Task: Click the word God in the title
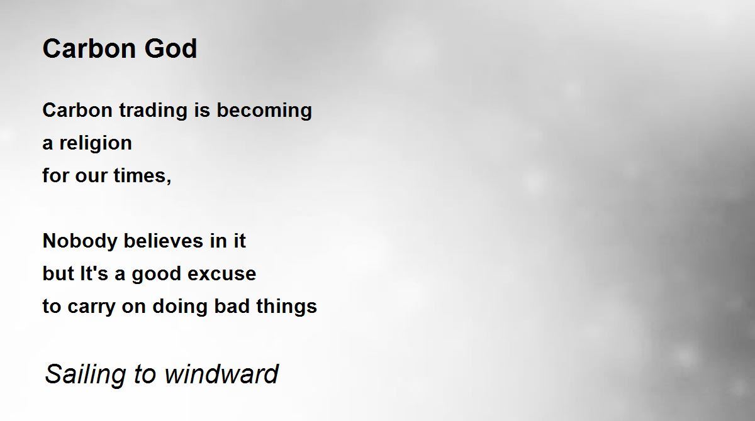point(171,48)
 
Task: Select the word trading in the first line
point(154,111)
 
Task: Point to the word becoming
point(264,111)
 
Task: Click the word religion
point(96,144)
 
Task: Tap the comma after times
point(169,182)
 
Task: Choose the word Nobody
point(80,241)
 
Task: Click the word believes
point(164,241)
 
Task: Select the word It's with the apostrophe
point(94,273)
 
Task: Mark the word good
point(157,274)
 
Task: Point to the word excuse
point(221,274)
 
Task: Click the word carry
point(91,307)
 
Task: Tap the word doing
point(180,307)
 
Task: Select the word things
point(286,307)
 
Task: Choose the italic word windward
point(221,374)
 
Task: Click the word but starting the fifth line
point(58,273)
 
